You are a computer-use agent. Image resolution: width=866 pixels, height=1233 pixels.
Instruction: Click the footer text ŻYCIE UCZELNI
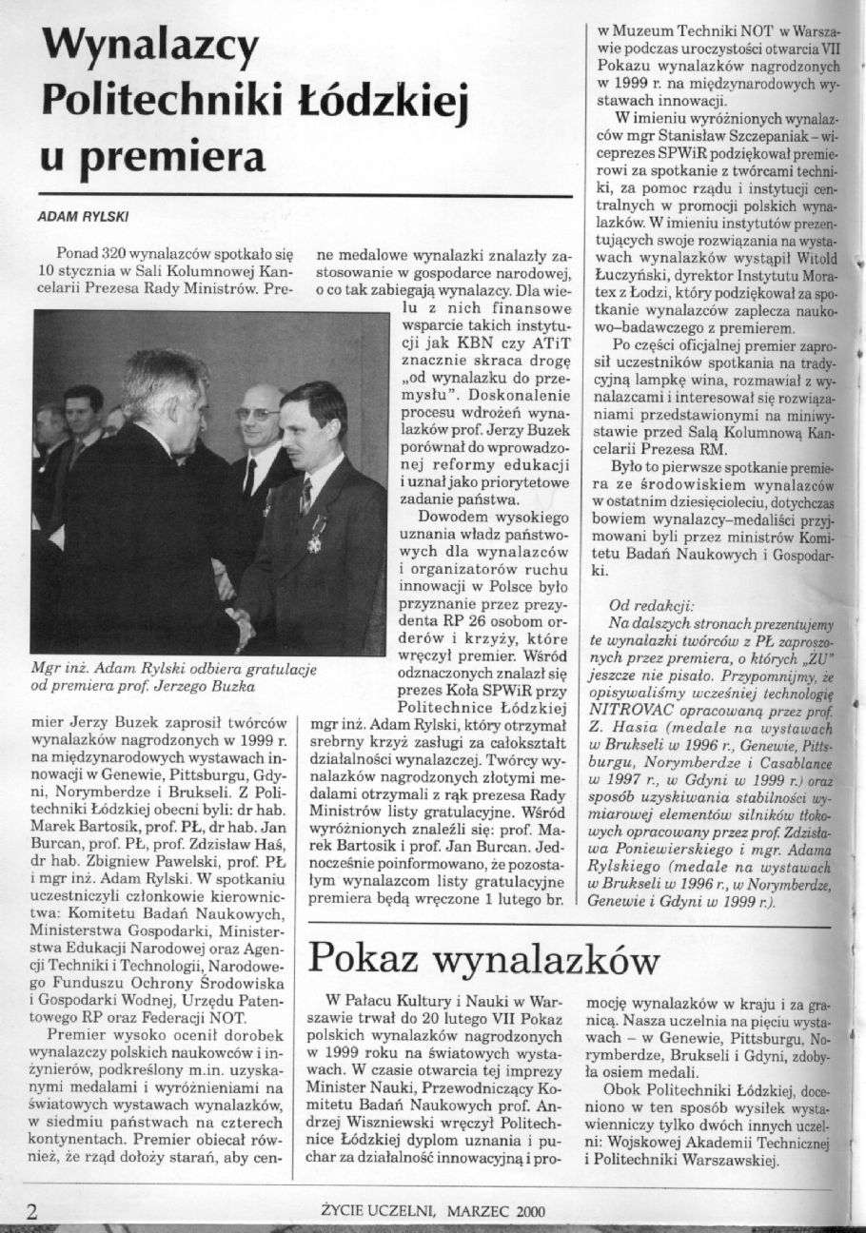[379, 1211]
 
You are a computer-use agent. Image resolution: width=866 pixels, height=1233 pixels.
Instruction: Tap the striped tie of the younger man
[305, 496]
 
